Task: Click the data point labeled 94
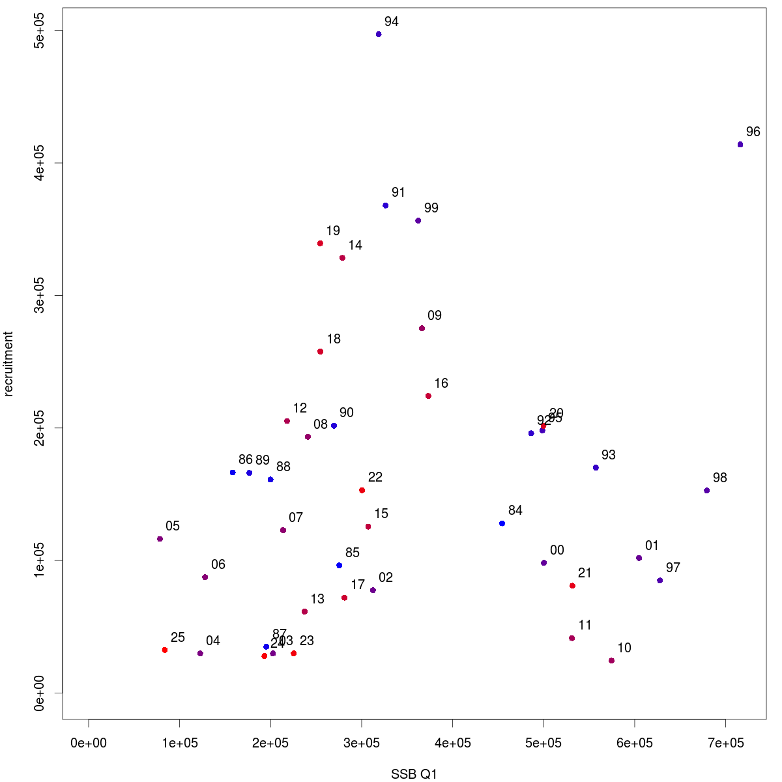point(379,35)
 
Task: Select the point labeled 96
point(740,145)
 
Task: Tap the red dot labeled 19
point(320,244)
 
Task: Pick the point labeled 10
point(611,661)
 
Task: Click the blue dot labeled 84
point(502,523)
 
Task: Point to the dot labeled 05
point(160,539)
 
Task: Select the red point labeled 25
point(165,650)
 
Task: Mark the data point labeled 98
point(706,491)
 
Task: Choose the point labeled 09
point(422,328)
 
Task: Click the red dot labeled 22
point(362,490)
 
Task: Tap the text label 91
point(398,192)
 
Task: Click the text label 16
point(441,383)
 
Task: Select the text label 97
point(673,568)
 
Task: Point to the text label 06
point(218,564)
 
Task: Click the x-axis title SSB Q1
point(414,774)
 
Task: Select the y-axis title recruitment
point(8,364)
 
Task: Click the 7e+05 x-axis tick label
point(725,743)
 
